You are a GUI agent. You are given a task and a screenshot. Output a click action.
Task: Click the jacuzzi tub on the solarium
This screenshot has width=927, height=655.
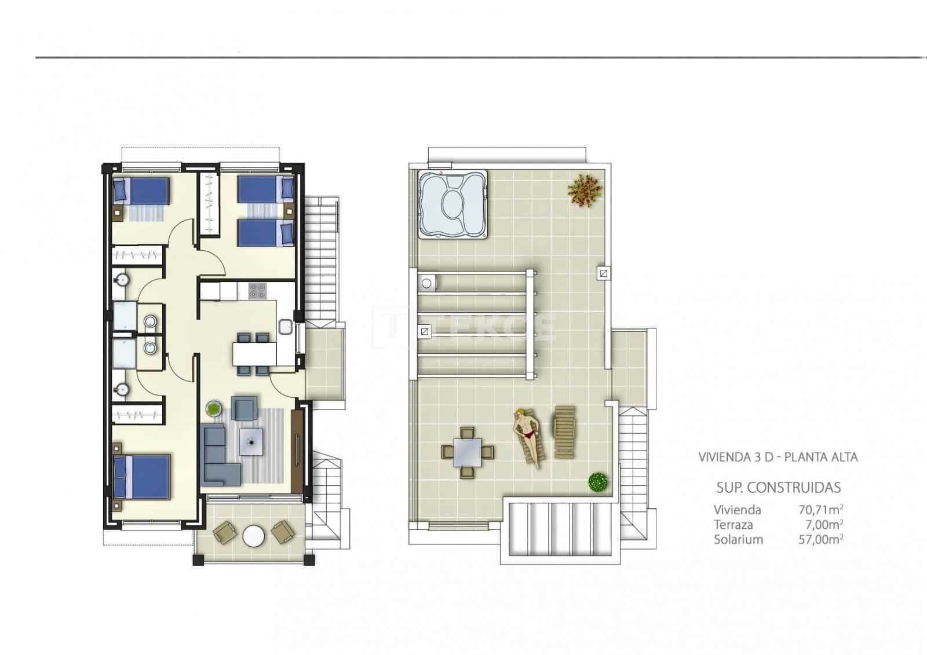tap(452, 204)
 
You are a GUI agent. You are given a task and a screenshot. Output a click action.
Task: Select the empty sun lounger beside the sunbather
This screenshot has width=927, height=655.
tap(564, 431)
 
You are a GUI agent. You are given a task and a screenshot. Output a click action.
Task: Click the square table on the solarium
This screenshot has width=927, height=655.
tap(468, 452)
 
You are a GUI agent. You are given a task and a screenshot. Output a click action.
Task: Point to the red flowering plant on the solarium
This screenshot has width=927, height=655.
tap(585, 190)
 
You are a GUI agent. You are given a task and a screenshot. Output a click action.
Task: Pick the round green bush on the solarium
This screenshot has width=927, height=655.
tap(597, 482)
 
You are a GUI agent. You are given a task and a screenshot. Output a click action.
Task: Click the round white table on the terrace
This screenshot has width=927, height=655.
tap(253, 536)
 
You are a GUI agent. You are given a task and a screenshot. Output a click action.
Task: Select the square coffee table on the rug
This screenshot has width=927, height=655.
tap(252, 442)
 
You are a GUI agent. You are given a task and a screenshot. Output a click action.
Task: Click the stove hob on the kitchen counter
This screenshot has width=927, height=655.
tap(257, 291)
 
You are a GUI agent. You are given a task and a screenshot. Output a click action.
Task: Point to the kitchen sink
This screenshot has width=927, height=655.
tap(286, 327)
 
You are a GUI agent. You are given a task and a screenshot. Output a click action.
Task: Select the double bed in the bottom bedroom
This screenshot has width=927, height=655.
tap(143, 477)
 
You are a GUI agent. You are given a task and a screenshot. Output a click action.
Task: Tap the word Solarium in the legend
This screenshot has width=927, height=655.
tap(738, 540)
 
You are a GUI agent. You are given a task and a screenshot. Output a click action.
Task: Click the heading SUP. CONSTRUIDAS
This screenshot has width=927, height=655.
tap(778, 488)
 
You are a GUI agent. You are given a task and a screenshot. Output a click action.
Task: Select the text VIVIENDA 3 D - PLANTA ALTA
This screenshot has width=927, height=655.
tap(778, 457)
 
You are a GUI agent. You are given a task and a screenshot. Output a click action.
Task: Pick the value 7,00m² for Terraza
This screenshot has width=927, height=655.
tap(824, 525)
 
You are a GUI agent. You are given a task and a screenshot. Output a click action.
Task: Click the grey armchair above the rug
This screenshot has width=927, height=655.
tap(244, 408)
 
